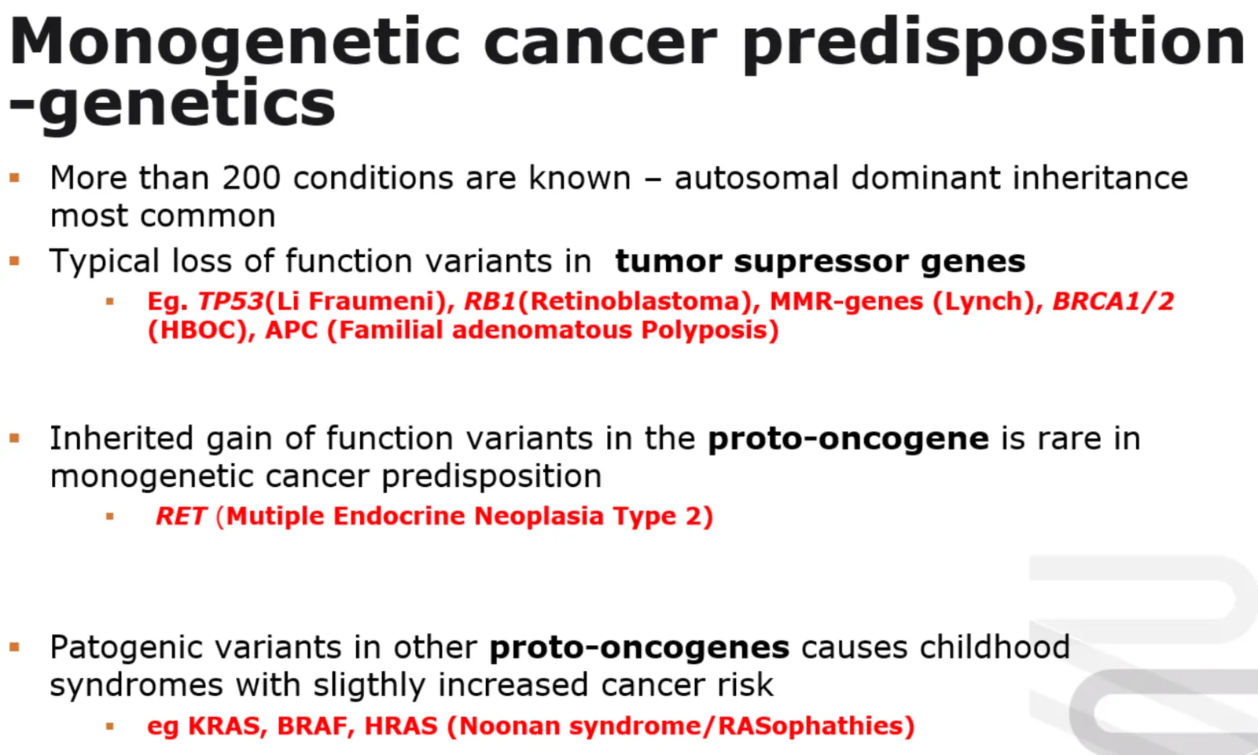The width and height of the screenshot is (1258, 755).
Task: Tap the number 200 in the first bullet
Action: pos(251,178)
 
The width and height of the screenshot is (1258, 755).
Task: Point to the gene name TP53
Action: pos(230,302)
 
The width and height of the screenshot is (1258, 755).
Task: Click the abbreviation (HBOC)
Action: pos(197,330)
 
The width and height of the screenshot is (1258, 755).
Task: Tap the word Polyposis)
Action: pos(710,330)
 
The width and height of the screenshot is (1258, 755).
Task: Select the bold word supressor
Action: pos(820,262)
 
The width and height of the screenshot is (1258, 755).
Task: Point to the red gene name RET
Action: pos(181,516)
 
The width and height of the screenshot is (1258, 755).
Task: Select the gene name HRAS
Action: pos(400,726)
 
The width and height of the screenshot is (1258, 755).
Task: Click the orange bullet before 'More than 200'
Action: pos(15,179)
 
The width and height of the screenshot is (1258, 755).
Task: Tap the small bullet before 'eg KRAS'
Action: pos(109,727)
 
